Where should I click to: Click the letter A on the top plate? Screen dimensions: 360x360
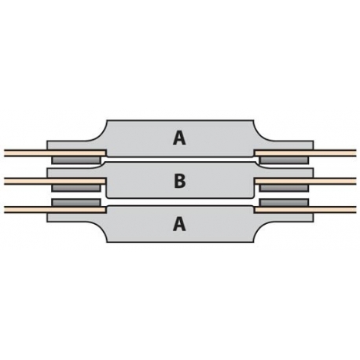[x=179, y=138]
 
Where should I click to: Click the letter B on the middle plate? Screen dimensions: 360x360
[x=180, y=181]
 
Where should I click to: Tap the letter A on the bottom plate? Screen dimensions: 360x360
[x=179, y=225]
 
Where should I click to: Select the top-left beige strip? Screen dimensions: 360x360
[x=55, y=153]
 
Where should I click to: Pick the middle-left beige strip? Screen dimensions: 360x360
[x=55, y=182]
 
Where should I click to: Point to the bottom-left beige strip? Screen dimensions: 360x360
[x=55, y=210]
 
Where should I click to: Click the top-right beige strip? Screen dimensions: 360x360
[x=305, y=153]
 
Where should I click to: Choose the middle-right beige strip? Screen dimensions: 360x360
[x=305, y=182]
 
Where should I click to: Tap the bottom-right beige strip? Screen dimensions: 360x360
[x=305, y=210]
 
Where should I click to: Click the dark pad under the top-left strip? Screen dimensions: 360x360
[x=76, y=160]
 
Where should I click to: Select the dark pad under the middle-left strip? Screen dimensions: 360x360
[x=76, y=188]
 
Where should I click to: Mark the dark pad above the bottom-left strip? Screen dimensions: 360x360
[x=76, y=203]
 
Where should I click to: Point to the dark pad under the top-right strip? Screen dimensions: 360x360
[x=284, y=160]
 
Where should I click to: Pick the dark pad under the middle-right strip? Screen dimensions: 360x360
[x=284, y=188]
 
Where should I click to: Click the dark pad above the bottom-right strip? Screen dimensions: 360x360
[x=284, y=203]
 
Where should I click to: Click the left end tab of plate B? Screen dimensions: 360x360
[x=76, y=173]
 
